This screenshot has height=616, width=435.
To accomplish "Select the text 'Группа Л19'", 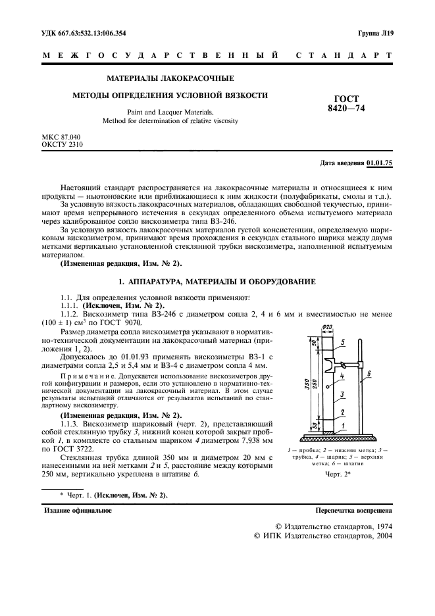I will [375, 33].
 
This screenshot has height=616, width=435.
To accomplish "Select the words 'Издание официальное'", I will [78, 511].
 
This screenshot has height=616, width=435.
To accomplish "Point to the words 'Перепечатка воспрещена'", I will [354, 511].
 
